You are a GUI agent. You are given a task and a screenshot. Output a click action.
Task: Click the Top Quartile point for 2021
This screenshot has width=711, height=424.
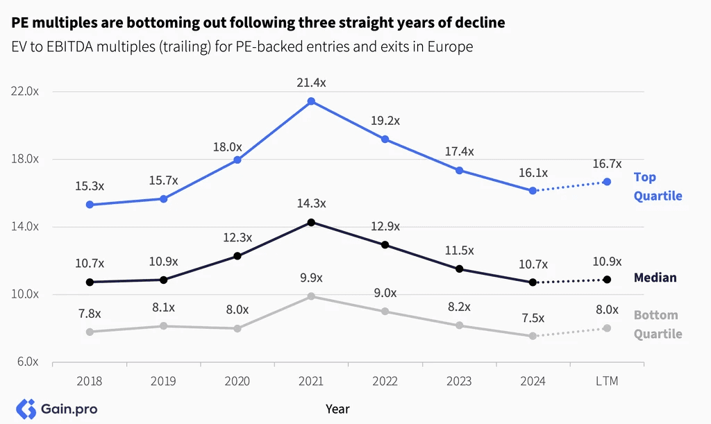point(311,101)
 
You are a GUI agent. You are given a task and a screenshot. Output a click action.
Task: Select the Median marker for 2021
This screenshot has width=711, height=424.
point(311,222)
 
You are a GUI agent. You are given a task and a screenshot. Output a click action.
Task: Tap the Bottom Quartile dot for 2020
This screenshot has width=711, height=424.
point(237,328)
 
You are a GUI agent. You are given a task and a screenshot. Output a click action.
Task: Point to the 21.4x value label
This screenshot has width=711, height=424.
point(311,83)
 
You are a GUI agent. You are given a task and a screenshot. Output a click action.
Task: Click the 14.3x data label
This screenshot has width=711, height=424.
point(311,203)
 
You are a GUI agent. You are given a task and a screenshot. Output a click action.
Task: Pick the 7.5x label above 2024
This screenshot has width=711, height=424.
point(533,318)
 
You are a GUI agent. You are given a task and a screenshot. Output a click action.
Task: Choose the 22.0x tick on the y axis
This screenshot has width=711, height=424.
point(25,92)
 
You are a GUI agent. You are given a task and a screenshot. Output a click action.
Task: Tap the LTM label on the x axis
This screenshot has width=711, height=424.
point(607,381)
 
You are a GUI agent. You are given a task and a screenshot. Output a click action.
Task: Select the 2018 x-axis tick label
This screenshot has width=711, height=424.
point(90,381)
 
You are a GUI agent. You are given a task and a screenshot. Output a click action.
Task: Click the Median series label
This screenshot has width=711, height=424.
point(655,278)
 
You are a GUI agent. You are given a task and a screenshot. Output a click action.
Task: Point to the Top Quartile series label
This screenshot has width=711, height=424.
point(658,186)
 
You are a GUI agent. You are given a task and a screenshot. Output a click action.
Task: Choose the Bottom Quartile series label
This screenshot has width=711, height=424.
point(658,324)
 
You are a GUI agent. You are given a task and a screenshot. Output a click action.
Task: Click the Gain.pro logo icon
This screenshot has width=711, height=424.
point(26,409)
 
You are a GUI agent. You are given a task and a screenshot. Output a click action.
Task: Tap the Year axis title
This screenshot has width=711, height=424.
point(337,409)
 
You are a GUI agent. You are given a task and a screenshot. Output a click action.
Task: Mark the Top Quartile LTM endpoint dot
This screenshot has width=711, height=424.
point(607,182)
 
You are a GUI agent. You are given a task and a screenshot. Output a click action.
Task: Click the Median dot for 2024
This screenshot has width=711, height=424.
point(533,282)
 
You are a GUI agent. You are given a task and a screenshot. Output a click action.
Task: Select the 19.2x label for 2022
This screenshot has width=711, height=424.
point(385,121)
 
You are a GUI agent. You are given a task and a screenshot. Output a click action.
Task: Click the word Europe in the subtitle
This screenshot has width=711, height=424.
point(450,46)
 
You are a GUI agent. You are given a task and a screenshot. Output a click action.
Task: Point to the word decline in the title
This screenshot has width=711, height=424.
point(480,23)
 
